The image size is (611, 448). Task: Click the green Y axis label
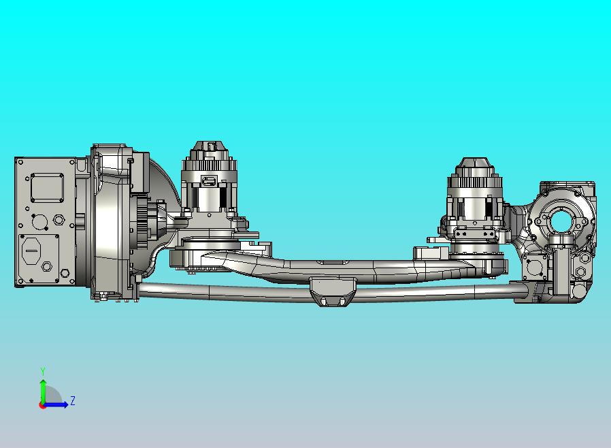click(43, 371)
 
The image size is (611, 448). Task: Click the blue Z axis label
click(73, 400)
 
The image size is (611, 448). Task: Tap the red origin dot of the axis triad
click(42, 406)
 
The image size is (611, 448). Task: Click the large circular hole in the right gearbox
click(561, 221)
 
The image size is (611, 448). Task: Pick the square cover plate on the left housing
click(47, 188)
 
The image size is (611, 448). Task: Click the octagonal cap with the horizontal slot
click(31, 251)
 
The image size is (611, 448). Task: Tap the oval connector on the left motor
click(210, 181)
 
